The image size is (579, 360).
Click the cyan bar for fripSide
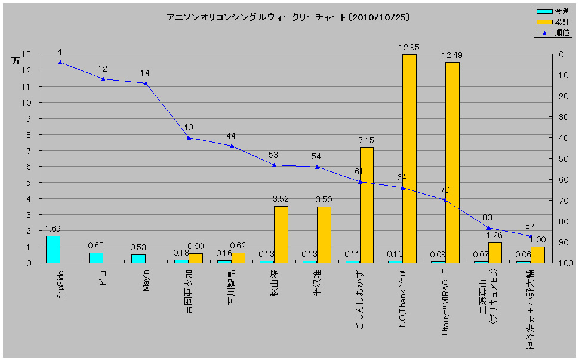click(53, 249)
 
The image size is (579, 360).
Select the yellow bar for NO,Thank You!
click(409, 158)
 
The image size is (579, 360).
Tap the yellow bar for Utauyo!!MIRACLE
click(452, 162)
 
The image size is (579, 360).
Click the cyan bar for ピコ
click(96, 257)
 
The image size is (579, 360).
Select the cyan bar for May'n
click(138, 259)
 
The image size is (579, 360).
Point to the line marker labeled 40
click(189, 137)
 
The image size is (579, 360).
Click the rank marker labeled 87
click(531, 236)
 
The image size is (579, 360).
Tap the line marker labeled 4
click(60, 62)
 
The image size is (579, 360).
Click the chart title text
click(288, 17)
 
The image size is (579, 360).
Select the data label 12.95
click(409, 47)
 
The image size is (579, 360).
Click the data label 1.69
click(53, 228)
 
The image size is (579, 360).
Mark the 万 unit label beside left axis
click(16, 61)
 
